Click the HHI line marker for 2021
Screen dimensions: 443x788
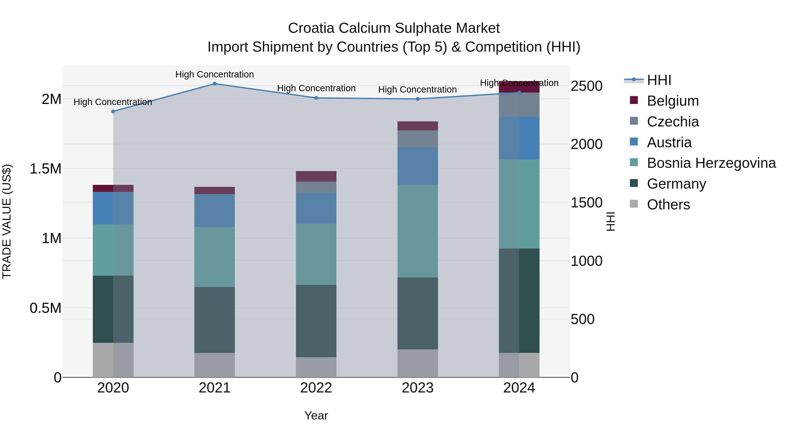click(215, 84)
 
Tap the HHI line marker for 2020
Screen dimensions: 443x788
click(113, 112)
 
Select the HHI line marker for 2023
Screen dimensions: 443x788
click(418, 99)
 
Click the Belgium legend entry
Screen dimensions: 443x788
click(672, 101)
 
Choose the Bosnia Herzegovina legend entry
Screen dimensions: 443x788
click(711, 163)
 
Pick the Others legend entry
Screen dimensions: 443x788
click(668, 205)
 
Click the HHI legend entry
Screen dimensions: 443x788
click(659, 80)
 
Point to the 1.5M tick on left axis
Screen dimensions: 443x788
click(45, 169)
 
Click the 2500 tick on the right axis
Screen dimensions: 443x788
click(586, 86)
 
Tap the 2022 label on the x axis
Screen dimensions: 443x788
click(316, 388)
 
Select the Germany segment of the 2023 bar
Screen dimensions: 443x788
click(418, 313)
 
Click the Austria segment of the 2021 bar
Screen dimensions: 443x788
click(215, 210)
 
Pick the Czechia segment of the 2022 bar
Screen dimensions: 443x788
click(316, 187)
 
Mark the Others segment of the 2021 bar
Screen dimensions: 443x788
click(215, 365)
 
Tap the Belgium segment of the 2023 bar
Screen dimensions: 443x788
click(418, 126)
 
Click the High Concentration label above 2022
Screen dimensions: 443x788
click(316, 88)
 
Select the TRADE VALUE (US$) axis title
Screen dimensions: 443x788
click(7, 221)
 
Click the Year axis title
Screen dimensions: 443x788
click(316, 415)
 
